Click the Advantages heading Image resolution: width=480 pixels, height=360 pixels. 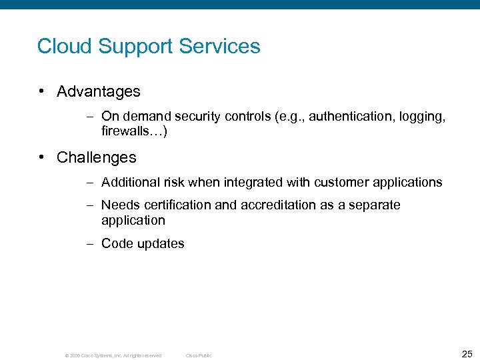(x=99, y=91)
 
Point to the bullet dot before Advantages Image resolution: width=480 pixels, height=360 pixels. (x=42, y=91)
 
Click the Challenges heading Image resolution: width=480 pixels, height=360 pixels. (x=97, y=158)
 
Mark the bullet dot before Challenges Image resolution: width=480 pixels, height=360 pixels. (x=42, y=158)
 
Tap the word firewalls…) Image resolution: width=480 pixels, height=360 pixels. (x=134, y=132)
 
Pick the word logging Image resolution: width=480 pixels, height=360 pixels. (x=421, y=117)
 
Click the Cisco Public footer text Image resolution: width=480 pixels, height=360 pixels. (x=198, y=356)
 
